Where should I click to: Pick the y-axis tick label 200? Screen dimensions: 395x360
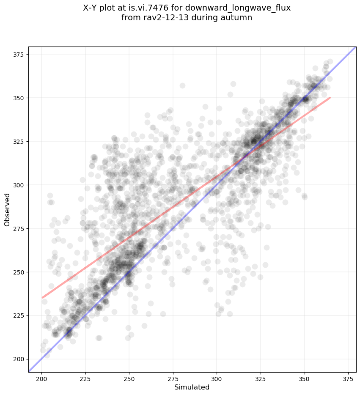point(20,359)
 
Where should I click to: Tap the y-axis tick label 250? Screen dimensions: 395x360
point(20,272)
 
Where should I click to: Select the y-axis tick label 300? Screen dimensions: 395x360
point(20,185)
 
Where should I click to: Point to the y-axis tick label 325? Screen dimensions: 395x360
point(20,141)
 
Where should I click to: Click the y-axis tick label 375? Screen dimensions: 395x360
point(20,54)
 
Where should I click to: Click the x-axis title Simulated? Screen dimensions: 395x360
point(192,387)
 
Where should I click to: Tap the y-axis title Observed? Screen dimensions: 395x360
point(7,209)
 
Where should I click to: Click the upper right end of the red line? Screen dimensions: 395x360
point(330,98)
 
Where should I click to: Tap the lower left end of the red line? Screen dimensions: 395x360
point(42,298)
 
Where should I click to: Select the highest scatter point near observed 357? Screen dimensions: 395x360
point(182,85)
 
